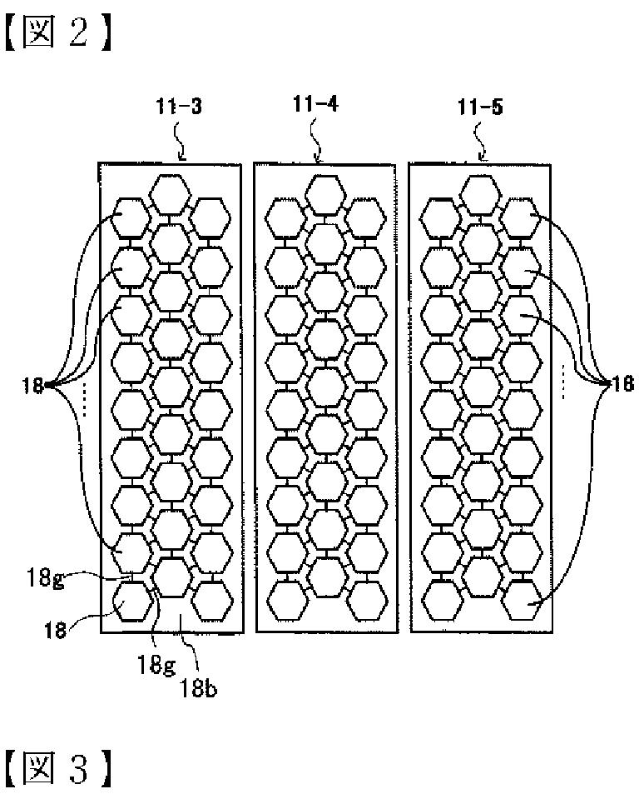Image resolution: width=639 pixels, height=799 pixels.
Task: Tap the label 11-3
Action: (x=178, y=107)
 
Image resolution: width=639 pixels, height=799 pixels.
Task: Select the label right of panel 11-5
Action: (x=623, y=385)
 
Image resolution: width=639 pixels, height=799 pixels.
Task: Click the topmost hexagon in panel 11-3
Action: (x=171, y=192)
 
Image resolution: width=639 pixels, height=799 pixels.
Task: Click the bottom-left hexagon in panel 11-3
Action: (x=131, y=601)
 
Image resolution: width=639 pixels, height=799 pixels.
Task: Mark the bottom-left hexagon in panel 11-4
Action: (x=285, y=601)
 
